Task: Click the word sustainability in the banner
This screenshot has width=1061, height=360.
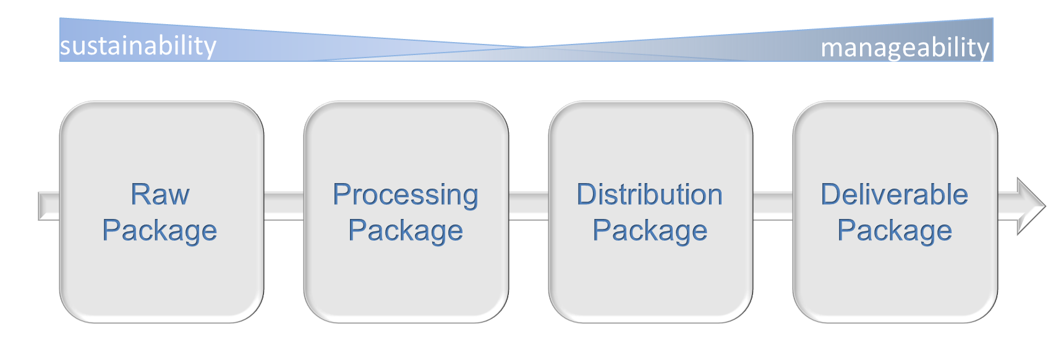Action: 138,46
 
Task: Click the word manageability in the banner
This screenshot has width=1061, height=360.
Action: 905,47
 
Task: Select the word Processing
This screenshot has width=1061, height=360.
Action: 405,195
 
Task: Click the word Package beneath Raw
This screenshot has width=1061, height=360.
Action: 160,231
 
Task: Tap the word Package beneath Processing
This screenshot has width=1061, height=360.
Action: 405,231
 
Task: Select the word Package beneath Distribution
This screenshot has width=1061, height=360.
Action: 649,231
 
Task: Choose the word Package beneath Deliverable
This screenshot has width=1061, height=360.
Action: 894,231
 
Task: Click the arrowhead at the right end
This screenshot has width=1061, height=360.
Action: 1029,206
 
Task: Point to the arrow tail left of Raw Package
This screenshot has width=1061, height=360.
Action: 49,206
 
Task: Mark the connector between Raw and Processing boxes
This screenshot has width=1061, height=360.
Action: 284,206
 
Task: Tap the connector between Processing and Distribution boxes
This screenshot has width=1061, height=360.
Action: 529,206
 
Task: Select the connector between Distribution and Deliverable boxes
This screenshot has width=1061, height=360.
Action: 773,206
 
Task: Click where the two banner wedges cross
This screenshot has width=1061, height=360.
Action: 527,47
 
